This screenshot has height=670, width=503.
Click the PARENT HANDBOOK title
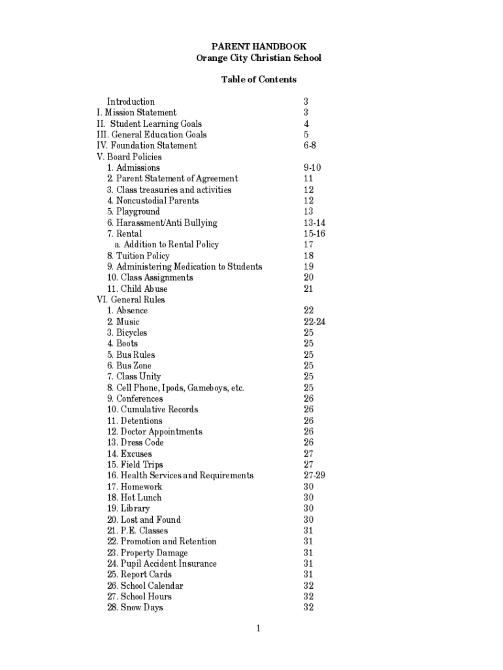(259, 47)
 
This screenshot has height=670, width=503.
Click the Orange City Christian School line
(259, 58)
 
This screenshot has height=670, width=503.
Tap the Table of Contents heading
(259, 80)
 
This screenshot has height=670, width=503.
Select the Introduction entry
(131, 101)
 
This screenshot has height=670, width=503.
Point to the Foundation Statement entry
(146, 145)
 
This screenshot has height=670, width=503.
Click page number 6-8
(310, 145)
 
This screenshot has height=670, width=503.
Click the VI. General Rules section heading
(131, 300)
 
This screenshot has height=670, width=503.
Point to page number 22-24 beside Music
(314, 322)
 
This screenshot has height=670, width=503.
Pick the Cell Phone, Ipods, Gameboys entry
(175, 388)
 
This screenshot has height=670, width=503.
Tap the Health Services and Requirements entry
(180, 476)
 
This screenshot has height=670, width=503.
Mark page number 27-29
(314, 476)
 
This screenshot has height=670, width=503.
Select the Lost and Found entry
(144, 520)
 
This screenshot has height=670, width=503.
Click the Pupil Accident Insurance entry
(162, 564)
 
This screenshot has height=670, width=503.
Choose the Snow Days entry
(135, 608)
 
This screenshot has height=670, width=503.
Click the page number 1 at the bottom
(259, 629)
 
